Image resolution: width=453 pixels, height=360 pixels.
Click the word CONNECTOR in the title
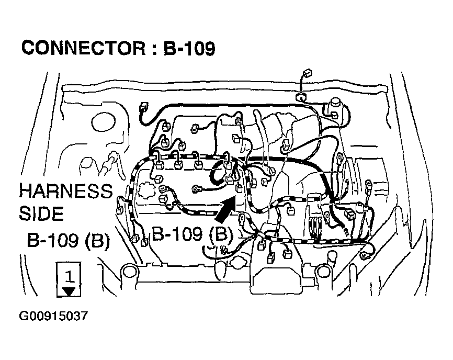click(84, 48)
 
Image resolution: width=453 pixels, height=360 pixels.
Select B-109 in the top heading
click(189, 48)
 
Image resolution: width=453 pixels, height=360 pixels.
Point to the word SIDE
click(41, 213)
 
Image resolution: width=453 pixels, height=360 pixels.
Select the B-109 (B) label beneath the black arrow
click(192, 233)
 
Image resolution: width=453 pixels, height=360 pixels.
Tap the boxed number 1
click(69, 276)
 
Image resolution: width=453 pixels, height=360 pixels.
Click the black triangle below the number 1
click(69, 291)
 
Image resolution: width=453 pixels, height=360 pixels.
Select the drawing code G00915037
click(53, 316)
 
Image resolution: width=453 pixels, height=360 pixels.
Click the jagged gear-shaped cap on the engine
click(147, 190)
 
